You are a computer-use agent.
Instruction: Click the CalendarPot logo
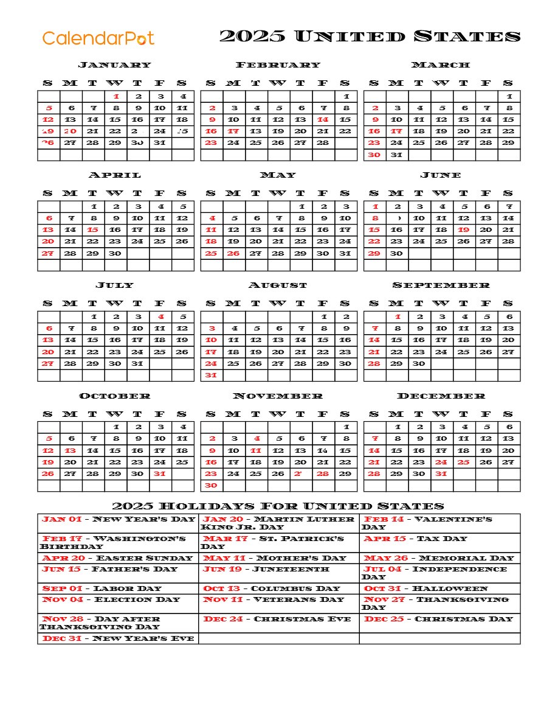pyautogui.click(x=98, y=38)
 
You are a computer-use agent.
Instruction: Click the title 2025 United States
pyautogui.click(x=370, y=37)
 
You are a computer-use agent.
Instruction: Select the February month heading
pyautogui.click(x=278, y=65)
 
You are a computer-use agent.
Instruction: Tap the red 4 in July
pyautogui.click(x=160, y=316)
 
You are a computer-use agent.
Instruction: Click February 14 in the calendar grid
pyautogui.click(x=323, y=120)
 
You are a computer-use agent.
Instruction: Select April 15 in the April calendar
pyautogui.click(x=93, y=230)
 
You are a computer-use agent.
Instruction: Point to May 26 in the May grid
pyautogui.click(x=234, y=253)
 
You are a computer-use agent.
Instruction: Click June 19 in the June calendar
pyautogui.click(x=464, y=230)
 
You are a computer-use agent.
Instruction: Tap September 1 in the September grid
pyautogui.click(x=398, y=316)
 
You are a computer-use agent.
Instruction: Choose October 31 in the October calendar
pyautogui.click(x=160, y=473)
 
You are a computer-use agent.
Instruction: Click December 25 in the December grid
pyautogui.click(x=464, y=462)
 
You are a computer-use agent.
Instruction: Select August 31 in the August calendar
pyautogui.click(x=211, y=375)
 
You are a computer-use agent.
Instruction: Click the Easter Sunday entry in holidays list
pyautogui.click(x=117, y=558)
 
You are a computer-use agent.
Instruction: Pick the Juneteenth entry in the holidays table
pyautogui.click(x=266, y=569)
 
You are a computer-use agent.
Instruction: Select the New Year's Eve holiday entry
pyautogui.click(x=118, y=638)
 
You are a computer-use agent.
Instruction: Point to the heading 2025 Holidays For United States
pyautogui.click(x=278, y=506)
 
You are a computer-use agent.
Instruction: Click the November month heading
pyautogui.click(x=278, y=396)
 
